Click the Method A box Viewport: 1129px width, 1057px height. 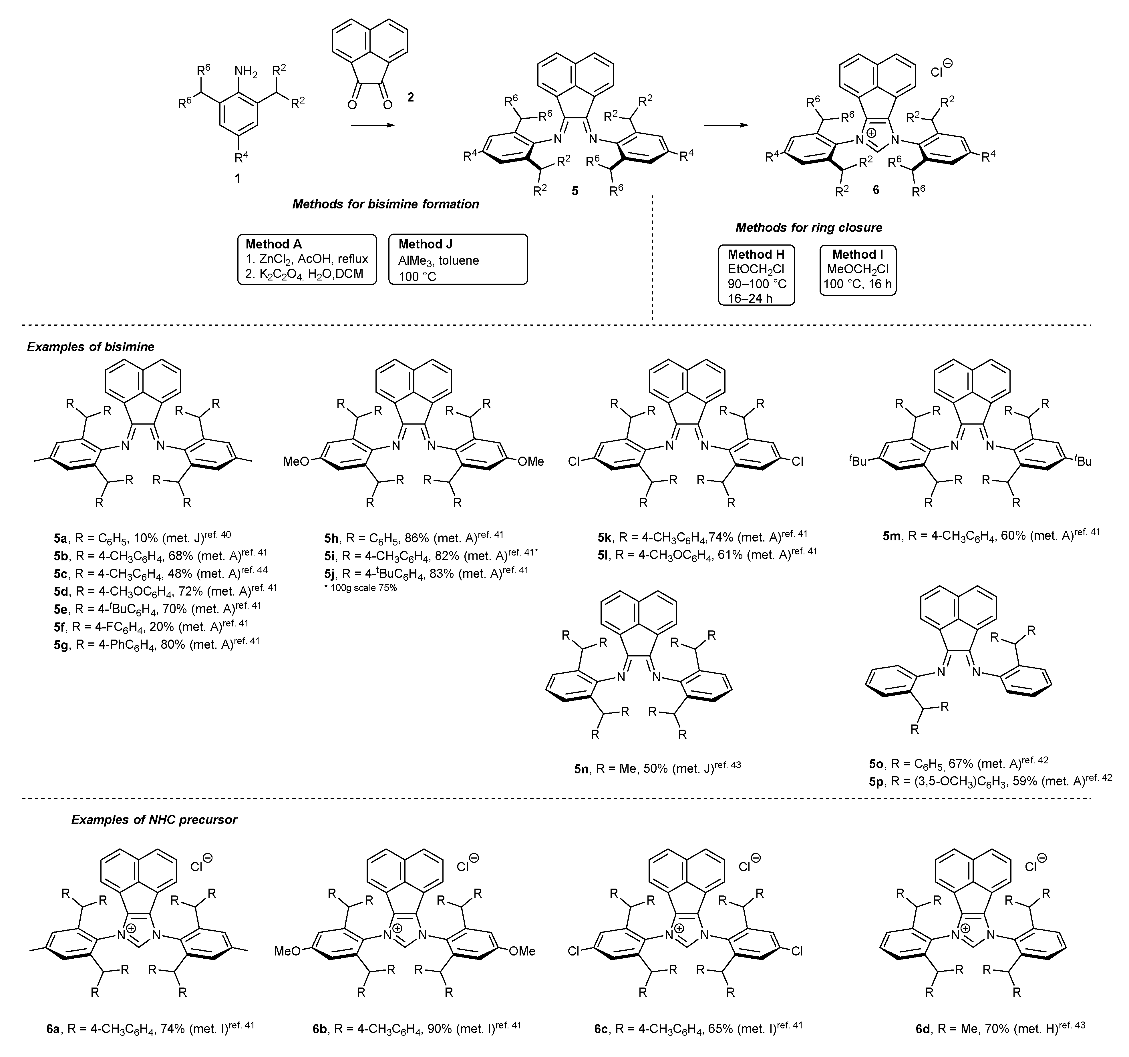pos(307,259)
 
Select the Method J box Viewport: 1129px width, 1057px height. pos(458,259)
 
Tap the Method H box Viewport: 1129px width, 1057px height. pos(756,275)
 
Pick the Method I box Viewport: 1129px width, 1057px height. pos(858,270)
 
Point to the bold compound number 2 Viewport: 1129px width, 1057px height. pos(410,98)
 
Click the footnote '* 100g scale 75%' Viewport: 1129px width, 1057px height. pos(360,588)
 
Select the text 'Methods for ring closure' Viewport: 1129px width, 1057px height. pos(809,228)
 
